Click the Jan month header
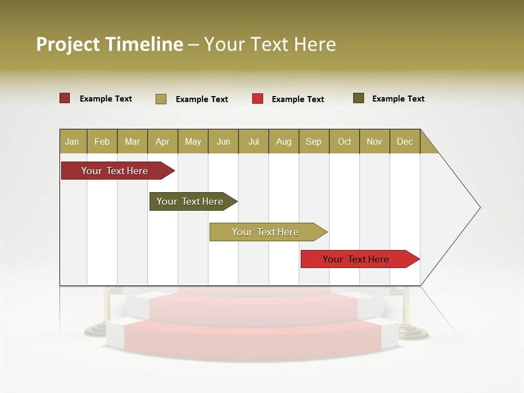(x=73, y=141)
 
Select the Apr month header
(x=163, y=141)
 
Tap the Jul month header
(x=253, y=141)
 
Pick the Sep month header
(x=314, y=141)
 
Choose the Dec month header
(x=404, y=141)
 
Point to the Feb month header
(x=102, y=141)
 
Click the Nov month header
(x=374, y=141)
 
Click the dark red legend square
(x=65, y=98)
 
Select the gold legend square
(x=161, y=99)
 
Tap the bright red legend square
(x=258, y=99)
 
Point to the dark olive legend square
(x=359, y=98)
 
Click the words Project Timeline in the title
(x=110, y=44)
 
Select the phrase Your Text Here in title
(x=270, y=44)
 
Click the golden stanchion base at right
(x=407, y=331)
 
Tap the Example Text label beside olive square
(x=398, y=99)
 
